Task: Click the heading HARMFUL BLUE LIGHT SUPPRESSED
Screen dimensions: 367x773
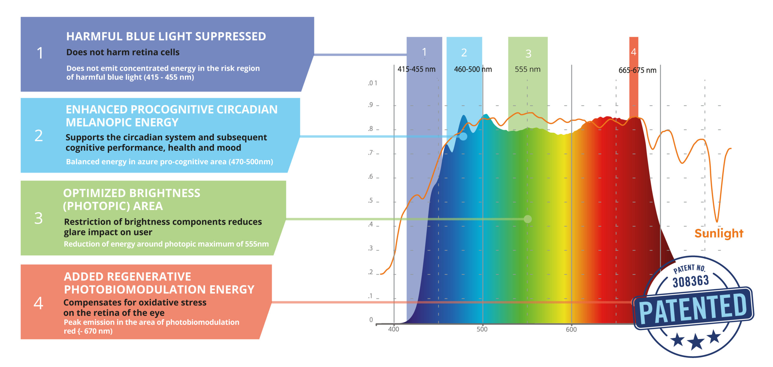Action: [x=166, y=37]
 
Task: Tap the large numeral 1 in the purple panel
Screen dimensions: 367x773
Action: [x=40, y=53]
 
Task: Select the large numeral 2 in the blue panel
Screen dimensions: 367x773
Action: [x=39, y=136]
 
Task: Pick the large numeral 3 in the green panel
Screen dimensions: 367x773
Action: [x=39, y=218]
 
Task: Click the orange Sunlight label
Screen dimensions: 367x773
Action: [x=719, y=233]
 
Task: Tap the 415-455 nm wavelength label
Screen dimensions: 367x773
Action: [x=416, y=69]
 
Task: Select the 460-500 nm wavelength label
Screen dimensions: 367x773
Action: [x=473, y=69]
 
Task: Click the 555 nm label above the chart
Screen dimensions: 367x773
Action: [x=528, y=69]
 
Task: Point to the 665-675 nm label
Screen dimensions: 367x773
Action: [x=637, y=70]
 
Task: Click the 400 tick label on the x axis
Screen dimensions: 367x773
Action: [x=393, y=329]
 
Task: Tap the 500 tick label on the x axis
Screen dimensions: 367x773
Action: [x=482, y=329]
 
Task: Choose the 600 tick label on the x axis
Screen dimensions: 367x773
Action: [x=571, y=330]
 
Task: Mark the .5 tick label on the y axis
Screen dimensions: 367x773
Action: [x=370, y=201]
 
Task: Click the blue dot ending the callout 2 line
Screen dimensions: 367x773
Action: [x=463, y=136]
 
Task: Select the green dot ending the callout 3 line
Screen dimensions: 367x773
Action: [x=528, y=219]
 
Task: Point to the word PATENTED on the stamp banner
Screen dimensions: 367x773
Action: [x=693, y=309]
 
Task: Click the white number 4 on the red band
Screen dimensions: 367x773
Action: [x=633, y=52]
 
